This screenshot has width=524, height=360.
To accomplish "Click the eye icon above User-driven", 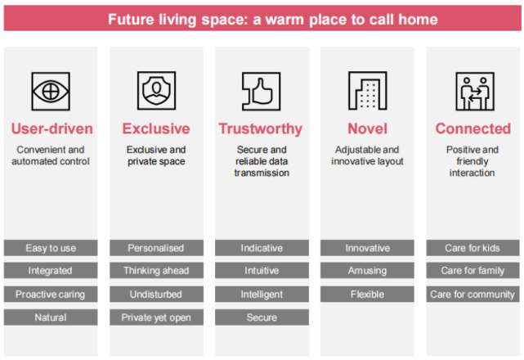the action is click(x=51, y=91).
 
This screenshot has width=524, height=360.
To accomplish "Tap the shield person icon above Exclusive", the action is click(x=156, y=90).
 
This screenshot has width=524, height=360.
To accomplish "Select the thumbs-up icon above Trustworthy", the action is click(x=262, y=91).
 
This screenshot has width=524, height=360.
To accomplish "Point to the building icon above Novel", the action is click(x=368, y=90).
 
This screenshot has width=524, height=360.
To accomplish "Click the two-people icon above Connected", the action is click(x=475, y=91).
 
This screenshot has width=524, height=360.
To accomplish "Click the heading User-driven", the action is click(x=52, y=128).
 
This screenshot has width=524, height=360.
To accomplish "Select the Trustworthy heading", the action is click(x=261, y=129).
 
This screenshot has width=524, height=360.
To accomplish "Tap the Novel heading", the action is click(x=367, y=128).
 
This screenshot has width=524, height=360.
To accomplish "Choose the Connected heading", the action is click(x=472, y=128).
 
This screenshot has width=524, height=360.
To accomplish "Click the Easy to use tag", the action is click(x=51, y=248).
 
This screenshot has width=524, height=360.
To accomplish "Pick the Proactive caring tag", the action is click(x=51, y=294).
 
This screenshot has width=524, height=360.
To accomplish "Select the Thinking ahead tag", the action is click(x=156, y=270).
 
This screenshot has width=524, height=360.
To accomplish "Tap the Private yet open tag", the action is click(x=156, y=317).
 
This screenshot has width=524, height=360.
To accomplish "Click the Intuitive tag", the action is click(x=262, y=270).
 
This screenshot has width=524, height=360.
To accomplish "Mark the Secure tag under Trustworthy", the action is click(x=262, y=317).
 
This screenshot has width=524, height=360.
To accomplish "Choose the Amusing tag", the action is click(x=367, y=270).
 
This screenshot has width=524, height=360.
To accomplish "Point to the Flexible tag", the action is click(x=367, y=294).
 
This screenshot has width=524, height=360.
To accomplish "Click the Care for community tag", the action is click(x=472, y=294).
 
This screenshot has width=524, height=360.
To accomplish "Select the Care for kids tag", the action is click(x=472, y=248).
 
